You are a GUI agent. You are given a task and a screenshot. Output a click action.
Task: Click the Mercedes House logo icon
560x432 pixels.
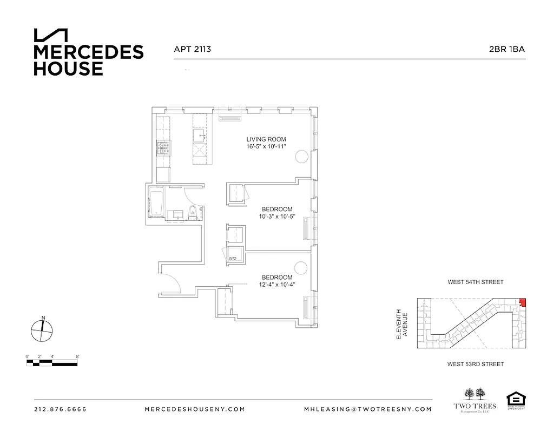(51, 35)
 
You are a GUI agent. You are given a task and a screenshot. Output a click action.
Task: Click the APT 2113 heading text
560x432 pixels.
(192, 49)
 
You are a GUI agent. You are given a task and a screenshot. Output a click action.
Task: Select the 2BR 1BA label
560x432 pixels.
(507, 49)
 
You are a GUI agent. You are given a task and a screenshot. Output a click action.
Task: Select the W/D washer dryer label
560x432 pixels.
(233, 259)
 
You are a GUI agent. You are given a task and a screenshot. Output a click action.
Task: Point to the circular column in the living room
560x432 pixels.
(301, 157)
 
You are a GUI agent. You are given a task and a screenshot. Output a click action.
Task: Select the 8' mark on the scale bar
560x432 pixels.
(78, 357)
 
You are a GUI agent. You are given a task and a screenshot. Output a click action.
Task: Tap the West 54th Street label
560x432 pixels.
(475, 282)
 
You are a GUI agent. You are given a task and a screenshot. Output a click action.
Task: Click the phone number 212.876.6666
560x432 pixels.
(60, 409)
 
